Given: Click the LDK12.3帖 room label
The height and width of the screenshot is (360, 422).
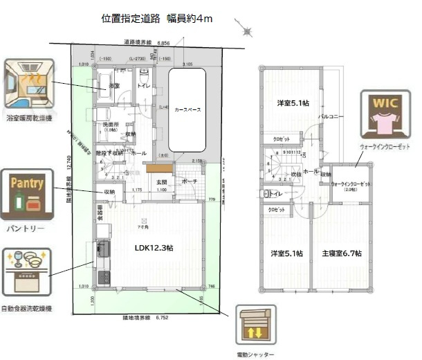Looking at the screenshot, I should (x=153, y=247).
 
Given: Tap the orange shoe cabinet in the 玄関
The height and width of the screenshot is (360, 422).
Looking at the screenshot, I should (x=158, y=168).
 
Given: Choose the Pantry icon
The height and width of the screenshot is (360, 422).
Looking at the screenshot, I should (x=28, y=194).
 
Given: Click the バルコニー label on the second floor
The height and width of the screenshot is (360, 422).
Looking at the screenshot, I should (x=327, y=118).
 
